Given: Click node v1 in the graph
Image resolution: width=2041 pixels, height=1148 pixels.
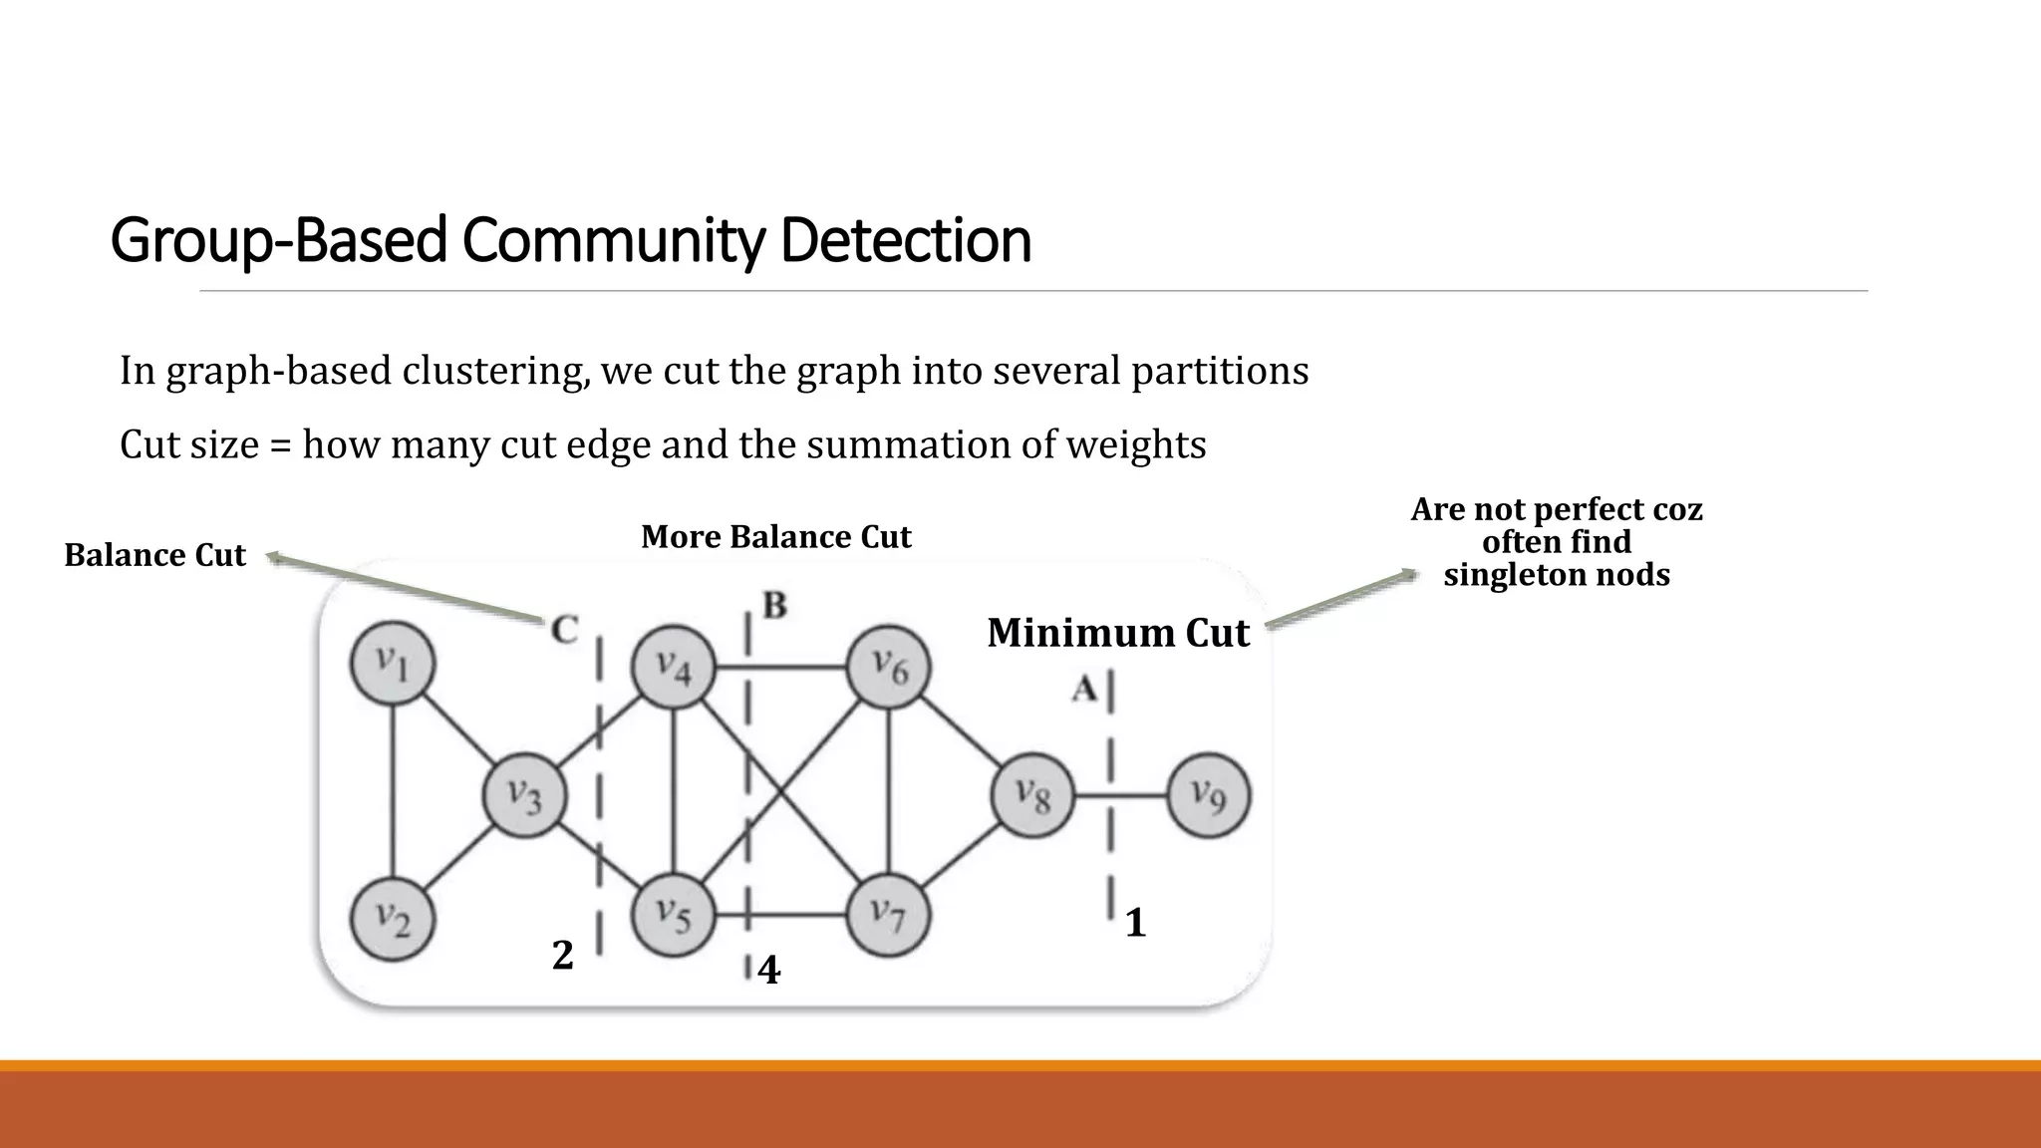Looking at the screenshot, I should [x=393, y=665].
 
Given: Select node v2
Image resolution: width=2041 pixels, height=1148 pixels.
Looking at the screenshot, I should [x=393, y=918].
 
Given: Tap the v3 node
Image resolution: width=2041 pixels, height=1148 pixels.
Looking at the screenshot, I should [x=525, y=795].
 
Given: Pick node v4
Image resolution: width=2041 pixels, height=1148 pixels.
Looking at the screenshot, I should [x=675, y=667].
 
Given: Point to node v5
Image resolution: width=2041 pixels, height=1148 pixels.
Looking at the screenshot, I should [x=675, y=914].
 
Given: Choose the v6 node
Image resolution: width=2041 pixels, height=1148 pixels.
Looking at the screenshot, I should [x=889, y=667].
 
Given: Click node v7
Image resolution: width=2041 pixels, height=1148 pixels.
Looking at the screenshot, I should [x=887, y=914].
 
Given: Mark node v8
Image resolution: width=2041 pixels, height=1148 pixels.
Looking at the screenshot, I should [x=1033, y=795].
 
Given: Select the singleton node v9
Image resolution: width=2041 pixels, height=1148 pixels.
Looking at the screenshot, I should [x=1208, y=795].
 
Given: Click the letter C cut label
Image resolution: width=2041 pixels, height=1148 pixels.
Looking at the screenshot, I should [x=564, y=630].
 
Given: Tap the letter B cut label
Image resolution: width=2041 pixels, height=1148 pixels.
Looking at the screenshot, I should [x=774, y=605].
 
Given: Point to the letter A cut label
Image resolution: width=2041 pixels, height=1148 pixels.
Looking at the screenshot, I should [x=1084, y=688].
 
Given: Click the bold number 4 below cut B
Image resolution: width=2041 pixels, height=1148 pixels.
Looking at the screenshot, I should [x=768, y=970].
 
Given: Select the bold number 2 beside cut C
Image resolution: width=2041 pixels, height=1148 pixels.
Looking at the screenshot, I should [x=563, y=956].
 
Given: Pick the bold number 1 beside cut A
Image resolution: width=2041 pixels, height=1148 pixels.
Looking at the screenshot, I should [x=1135, y=924].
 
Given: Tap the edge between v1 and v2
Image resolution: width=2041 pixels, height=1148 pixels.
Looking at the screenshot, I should [x=394, y=791].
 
